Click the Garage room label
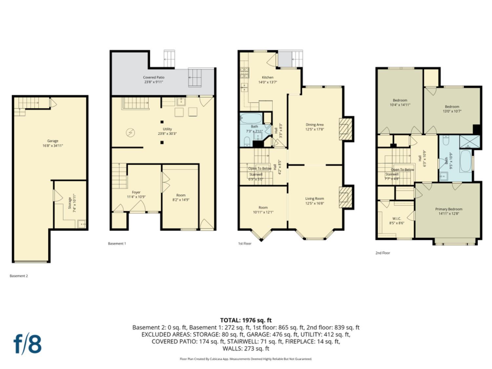[53, 141]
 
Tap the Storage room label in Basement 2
[70, 203]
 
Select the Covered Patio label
[154, 77]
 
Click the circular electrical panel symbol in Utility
[130, 133]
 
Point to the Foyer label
[136, 193]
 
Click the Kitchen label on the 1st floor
[268, 77]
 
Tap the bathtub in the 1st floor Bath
[251, 118]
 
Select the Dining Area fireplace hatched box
[344, 129]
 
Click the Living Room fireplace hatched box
[344, 197]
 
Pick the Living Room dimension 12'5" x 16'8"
[315, 203]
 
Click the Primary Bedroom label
[449, 209]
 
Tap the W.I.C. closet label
[397, 218]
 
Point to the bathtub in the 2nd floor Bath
[465, 161]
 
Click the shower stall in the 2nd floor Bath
[470, 142]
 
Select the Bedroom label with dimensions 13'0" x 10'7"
[452, 107]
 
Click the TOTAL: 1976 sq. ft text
[246, 320]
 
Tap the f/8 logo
[28, 344]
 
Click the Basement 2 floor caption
[19, 276]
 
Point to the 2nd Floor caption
[383, 253]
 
